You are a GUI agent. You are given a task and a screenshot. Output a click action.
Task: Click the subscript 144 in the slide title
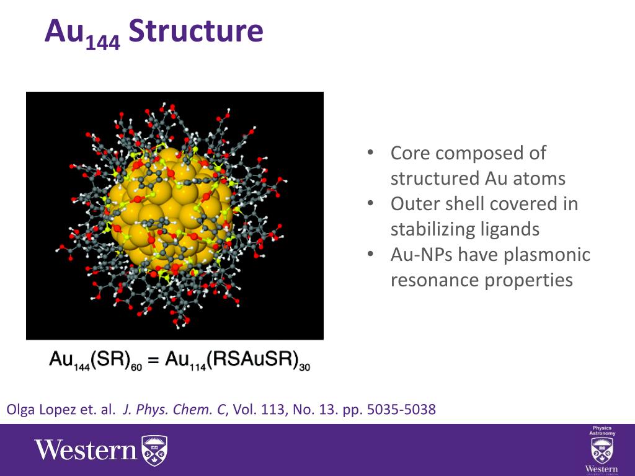102,43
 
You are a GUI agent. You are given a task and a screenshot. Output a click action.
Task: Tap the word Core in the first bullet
414,153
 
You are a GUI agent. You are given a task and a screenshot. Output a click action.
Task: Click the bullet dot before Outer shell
370,204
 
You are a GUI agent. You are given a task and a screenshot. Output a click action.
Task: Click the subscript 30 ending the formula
304,366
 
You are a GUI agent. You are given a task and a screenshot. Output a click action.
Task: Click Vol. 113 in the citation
258,410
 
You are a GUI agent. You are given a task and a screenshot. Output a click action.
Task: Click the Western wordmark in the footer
85,450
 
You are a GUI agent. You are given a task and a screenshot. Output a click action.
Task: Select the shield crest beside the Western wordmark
154,450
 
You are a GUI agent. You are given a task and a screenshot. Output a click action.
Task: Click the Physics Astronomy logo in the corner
602,449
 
